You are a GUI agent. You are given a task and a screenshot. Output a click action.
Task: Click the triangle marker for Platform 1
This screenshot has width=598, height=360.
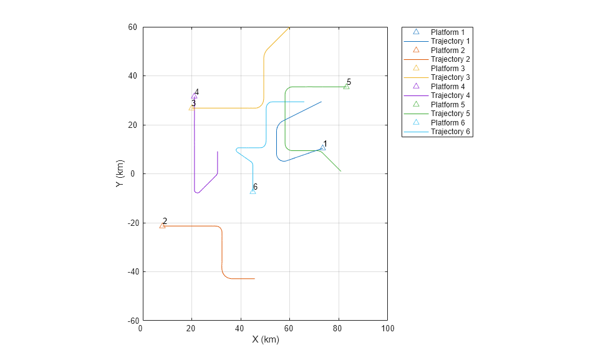tap(322, 148)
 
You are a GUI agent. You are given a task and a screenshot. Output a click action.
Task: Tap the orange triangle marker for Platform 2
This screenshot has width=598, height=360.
tap(163, 225)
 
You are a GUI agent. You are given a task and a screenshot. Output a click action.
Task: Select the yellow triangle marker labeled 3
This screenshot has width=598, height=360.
tap(191, 108)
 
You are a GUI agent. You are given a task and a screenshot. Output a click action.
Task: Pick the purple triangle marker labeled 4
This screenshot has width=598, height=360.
tap(194, 96)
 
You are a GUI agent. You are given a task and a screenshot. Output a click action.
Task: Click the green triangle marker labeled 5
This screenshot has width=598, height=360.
tap(346, 86)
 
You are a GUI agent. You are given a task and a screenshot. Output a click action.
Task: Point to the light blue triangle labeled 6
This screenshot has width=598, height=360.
tap(253, 191)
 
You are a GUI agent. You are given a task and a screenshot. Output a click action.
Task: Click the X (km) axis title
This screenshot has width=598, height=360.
tap(266, 339)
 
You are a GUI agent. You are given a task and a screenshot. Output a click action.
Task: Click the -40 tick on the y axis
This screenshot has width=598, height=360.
tap(132, 272)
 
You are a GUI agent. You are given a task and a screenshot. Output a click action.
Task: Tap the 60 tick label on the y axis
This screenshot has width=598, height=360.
tap(133, 27)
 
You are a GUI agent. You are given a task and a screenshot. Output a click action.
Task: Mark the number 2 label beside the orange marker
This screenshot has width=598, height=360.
tap(165, 221)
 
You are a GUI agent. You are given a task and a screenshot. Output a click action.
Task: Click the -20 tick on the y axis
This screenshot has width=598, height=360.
tap(132, 223)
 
